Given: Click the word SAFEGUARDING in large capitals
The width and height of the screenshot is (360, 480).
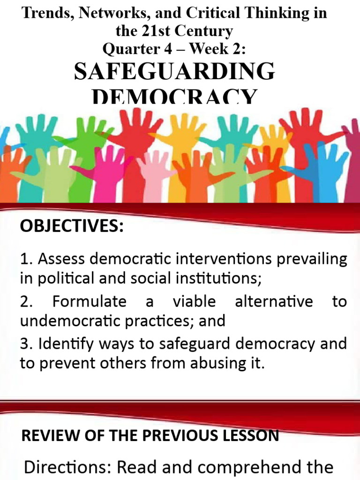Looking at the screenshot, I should [x=174, y=72].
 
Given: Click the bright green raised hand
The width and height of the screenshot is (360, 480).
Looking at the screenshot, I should [x=87, y=136].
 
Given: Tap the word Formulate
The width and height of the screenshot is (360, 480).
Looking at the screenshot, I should [x=89, y=301].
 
